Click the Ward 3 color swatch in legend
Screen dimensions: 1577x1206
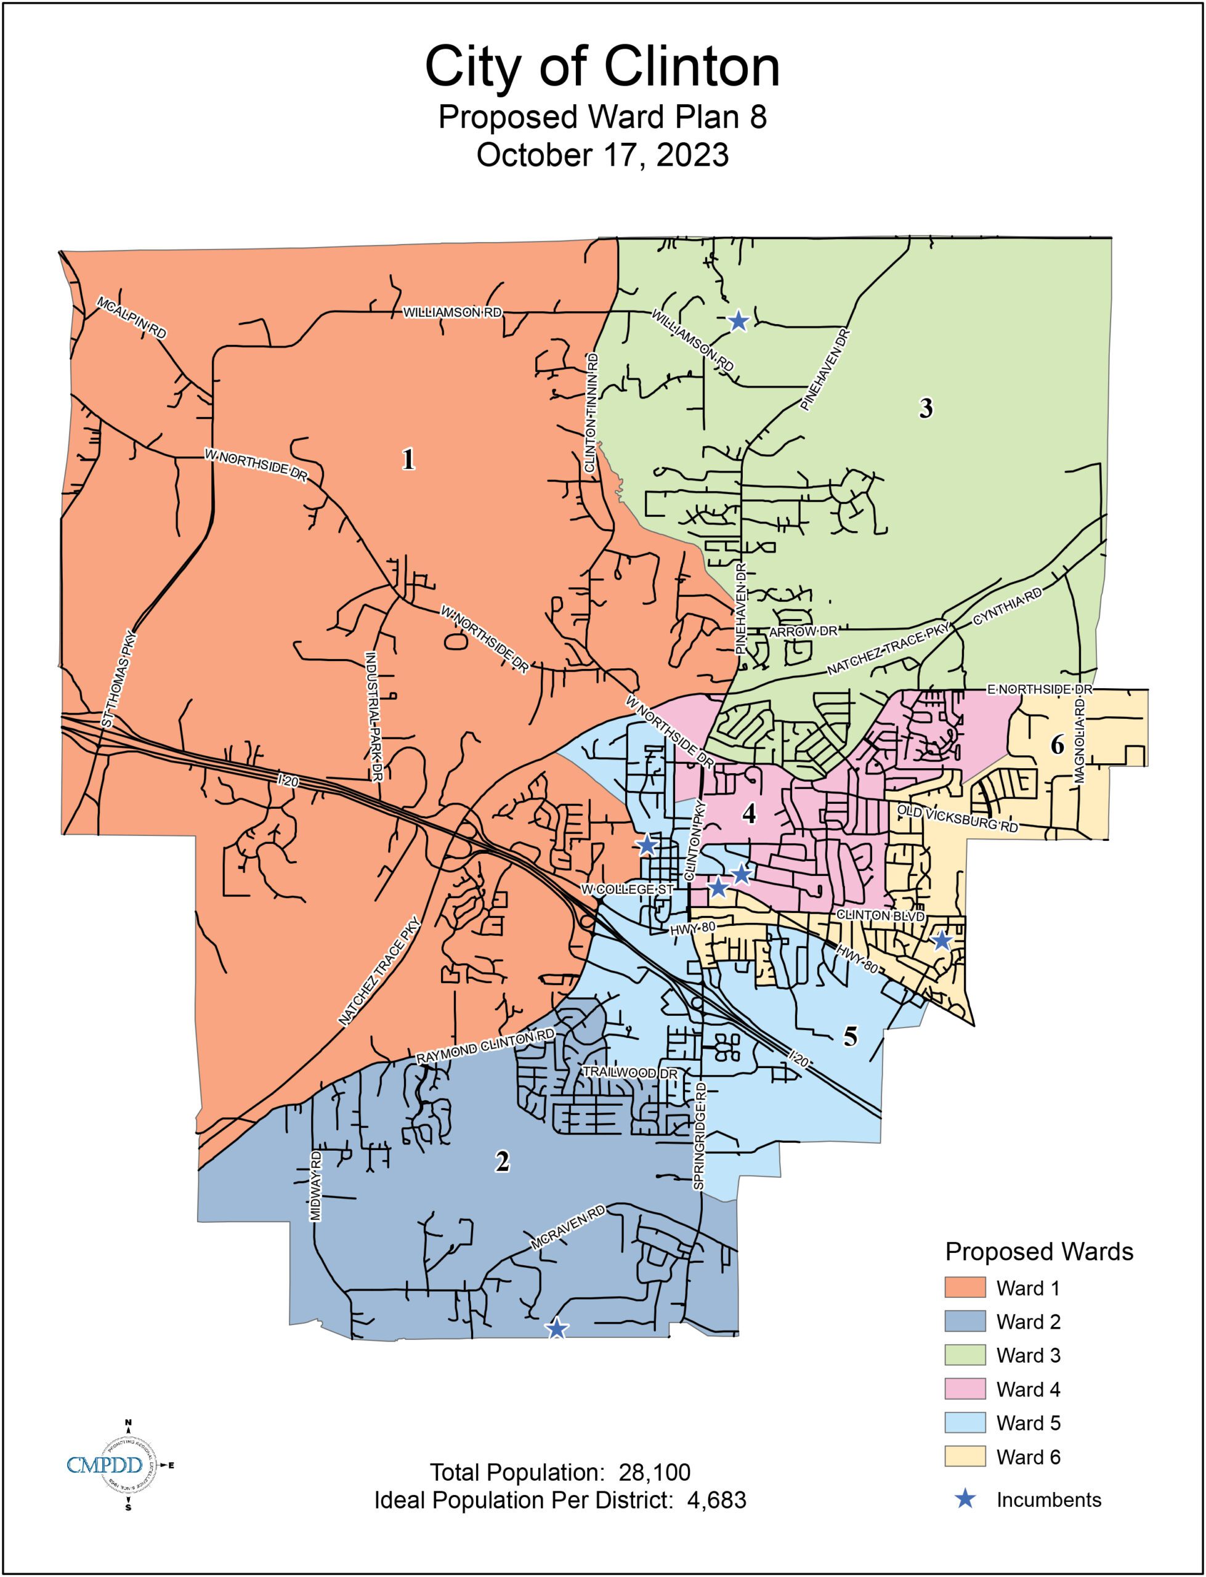point(965,1355)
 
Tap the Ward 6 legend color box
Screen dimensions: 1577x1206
point(965,1457)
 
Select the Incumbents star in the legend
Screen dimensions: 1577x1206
point(966,1499)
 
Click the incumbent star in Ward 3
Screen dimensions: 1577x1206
point(739,321)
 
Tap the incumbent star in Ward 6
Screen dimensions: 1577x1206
point(941,940)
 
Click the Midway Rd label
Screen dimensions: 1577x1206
point(316,1186)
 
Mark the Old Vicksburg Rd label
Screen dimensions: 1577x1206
point(958,818)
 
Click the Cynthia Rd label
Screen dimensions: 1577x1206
point(1007,607)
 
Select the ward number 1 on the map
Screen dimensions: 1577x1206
point(408,460)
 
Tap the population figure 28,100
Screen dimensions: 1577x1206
point(654,1473)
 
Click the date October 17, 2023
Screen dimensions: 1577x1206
point(602,155)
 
